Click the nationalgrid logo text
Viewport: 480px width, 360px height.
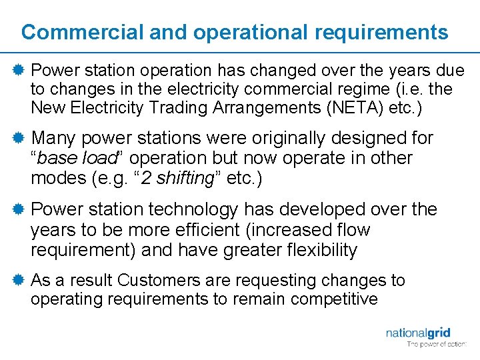click(418, 332)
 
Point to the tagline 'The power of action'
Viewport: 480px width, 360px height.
click(437, 345)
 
